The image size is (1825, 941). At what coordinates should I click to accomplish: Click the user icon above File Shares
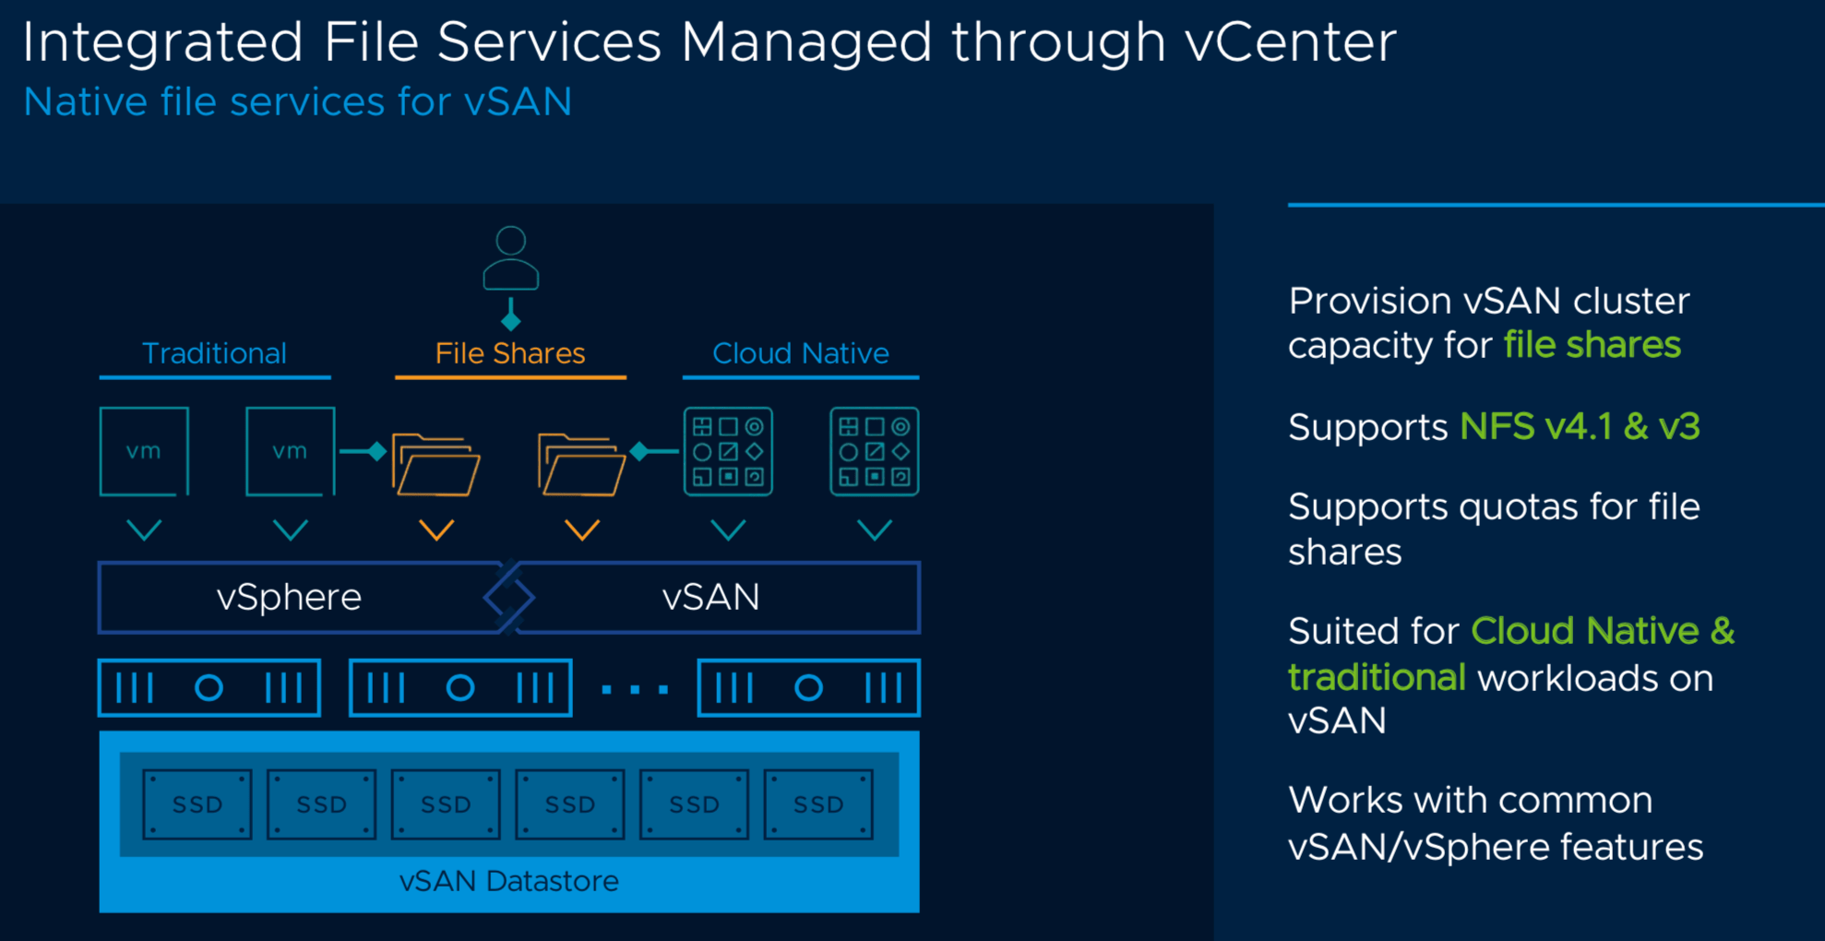coord(510,258)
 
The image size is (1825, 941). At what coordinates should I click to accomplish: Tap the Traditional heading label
coord(214,353)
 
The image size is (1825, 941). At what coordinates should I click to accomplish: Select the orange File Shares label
coord(510,353)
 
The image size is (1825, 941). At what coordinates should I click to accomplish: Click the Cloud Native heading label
coord(801,353)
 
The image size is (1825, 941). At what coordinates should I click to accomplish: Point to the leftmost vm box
coord(144,451)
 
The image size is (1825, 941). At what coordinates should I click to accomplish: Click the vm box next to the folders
coord(290,451)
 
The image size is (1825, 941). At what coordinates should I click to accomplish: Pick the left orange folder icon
coord(435,464)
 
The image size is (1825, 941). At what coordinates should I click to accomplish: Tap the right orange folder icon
coord(581,464)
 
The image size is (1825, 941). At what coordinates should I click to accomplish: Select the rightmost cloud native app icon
coord(875,451)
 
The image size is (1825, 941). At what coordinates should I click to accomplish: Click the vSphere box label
coord(289,597)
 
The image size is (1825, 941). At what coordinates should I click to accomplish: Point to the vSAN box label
coord(710,597)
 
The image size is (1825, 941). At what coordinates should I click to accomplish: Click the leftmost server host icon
coord(209,687)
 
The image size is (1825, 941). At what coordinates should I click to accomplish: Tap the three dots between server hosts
coord(635,688)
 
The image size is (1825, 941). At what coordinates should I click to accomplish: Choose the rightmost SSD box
coord(818,804)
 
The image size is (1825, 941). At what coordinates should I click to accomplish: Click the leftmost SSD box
coord(197,804)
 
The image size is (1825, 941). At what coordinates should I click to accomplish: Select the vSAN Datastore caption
coord(509,881)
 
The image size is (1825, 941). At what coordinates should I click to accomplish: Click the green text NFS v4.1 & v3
coord(1580,426)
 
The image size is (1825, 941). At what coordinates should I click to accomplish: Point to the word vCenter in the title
coord(1291,42)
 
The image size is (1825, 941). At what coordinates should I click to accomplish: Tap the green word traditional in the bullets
coord(1377,677)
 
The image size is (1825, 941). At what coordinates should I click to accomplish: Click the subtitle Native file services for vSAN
coord(298,101)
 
